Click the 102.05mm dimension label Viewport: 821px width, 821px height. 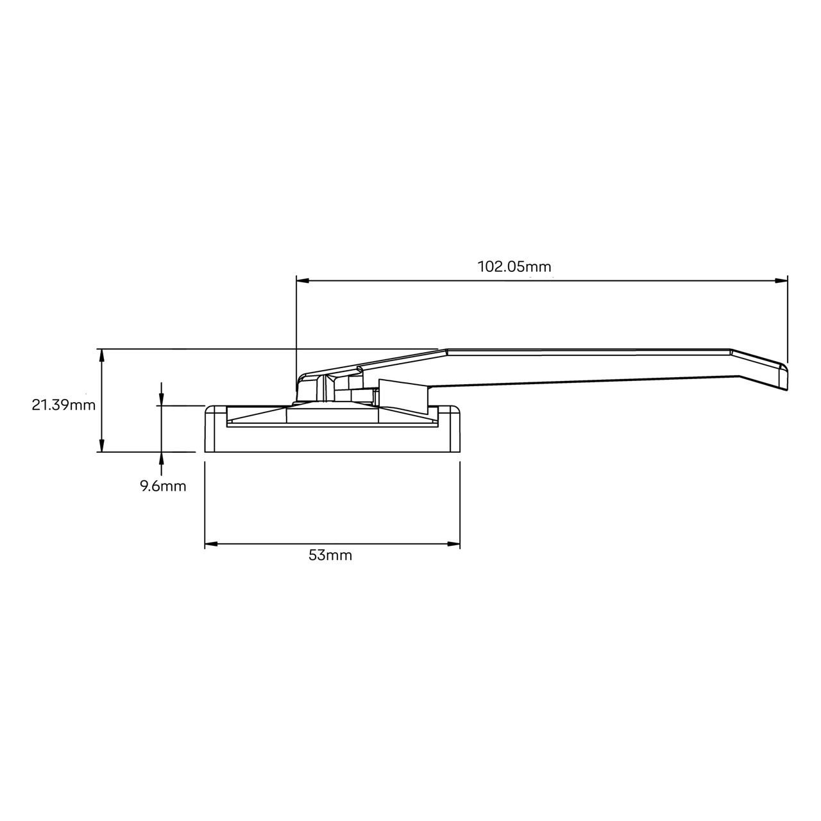coord(514,266)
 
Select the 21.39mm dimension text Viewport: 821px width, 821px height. coord(63,405)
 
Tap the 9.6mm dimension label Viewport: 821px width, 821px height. coord(163,486)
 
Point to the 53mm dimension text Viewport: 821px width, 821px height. coord(330,555)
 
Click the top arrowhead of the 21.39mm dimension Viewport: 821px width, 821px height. coord(101,355)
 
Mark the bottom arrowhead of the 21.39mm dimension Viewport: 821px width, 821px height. coord(101,446)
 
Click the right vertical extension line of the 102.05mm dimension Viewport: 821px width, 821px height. coord(788,321)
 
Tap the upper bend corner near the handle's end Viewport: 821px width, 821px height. coord(731,351)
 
